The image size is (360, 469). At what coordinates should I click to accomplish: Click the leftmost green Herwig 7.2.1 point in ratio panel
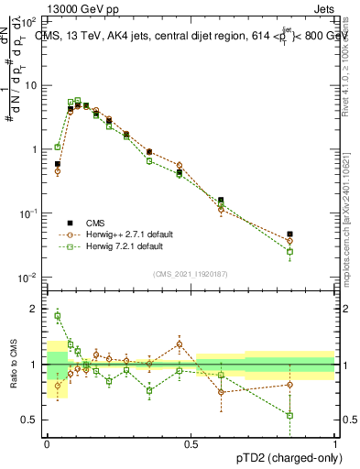pos(57,316)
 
